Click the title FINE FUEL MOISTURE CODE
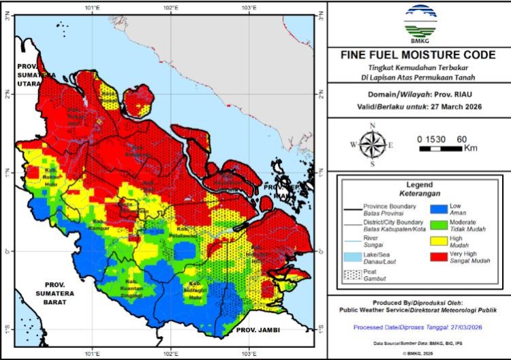point(418,55)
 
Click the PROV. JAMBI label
point(258,330)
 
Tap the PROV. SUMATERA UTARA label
point(35,70)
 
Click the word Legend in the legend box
point(419,184)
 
